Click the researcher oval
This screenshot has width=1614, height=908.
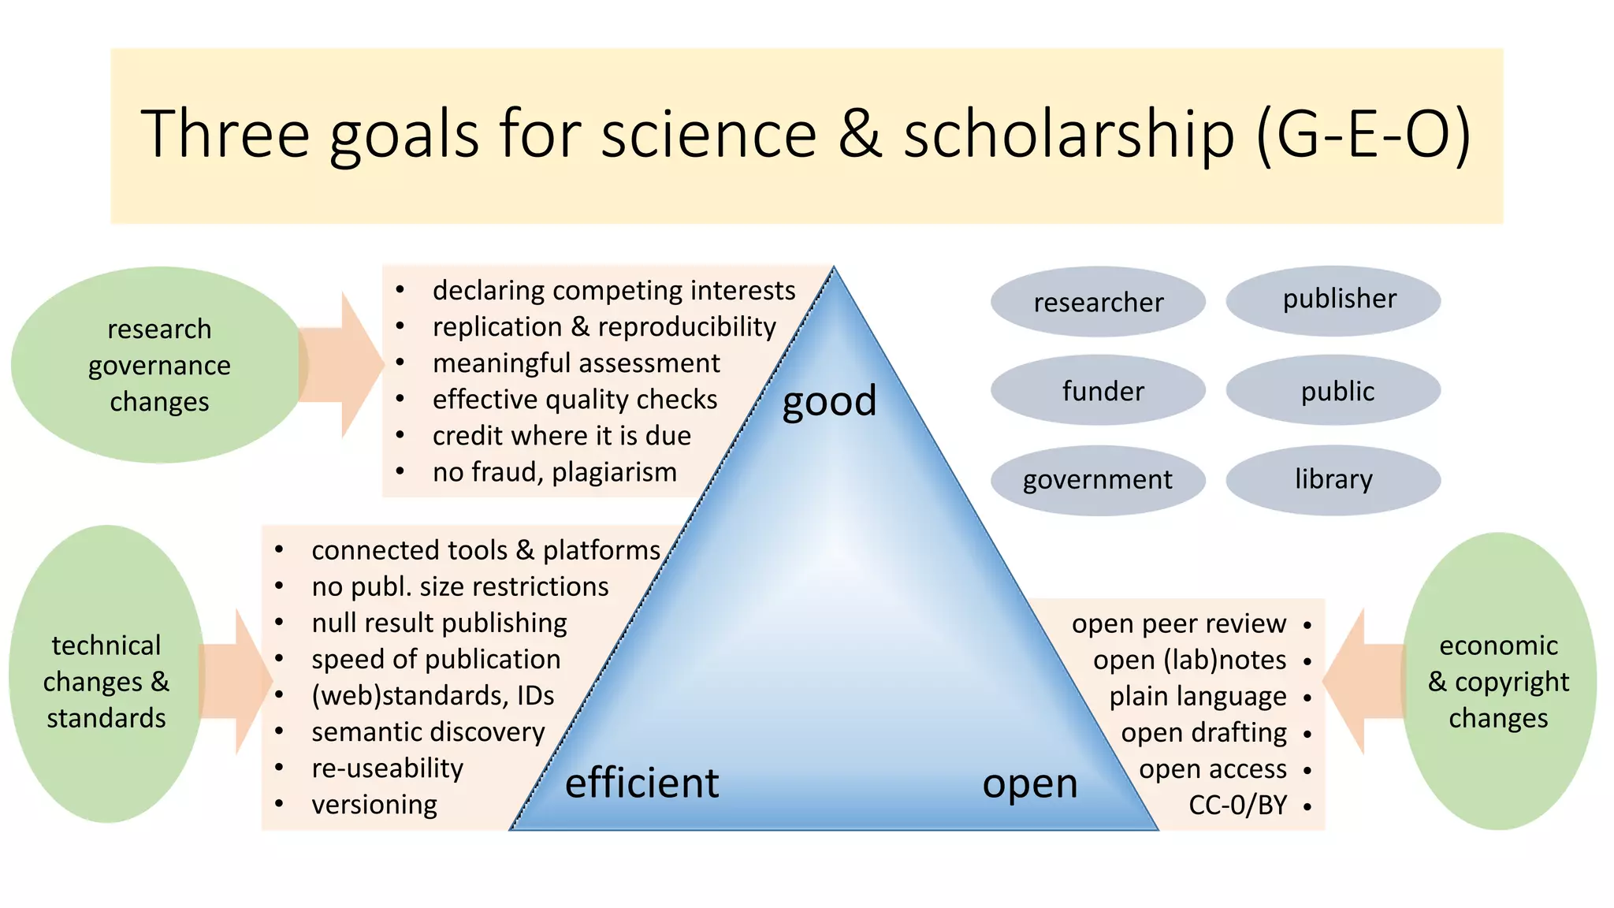pos(1098,302)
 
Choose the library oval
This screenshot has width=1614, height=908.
pos(1333,479)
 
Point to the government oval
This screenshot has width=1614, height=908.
pos(1098,479)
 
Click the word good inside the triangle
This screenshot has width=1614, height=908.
pos(829,400)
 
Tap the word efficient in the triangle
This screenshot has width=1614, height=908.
pos(642,783)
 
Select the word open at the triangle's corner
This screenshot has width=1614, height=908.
pos(1029,783)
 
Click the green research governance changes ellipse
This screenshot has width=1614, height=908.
pos(158,365)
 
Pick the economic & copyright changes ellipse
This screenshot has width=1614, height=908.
pos(1498,682)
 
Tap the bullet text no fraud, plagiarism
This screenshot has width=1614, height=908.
pos(554,472)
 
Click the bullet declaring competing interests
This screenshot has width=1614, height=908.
pos(613,290)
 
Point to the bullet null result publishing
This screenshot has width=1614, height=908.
pos(439,623)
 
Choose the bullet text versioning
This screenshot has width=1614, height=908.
pos(374,805)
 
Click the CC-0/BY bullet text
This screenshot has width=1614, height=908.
pos(1237,805)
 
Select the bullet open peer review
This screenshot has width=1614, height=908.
pos(1178,623)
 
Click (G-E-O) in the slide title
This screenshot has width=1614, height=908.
pos(1363,134)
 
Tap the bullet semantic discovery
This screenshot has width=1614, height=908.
pos(428,732)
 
